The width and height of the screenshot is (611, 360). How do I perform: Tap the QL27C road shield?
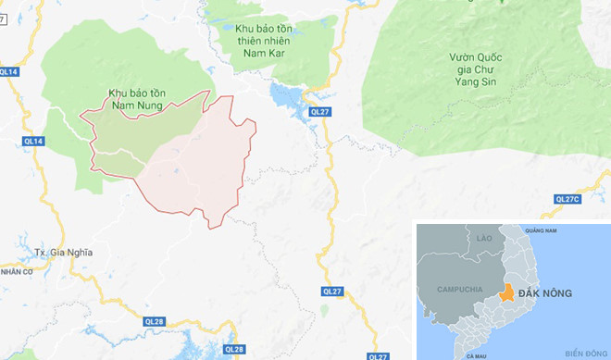coord(566,199)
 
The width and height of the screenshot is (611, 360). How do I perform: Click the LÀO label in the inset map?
coord(480,238)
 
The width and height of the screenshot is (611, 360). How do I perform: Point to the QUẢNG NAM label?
coord(544,230)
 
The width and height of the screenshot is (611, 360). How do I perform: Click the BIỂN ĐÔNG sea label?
coord(584,353)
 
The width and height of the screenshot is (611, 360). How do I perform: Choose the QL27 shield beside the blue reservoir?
coord(320,112)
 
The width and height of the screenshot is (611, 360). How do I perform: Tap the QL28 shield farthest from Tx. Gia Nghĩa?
coord(234,349)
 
